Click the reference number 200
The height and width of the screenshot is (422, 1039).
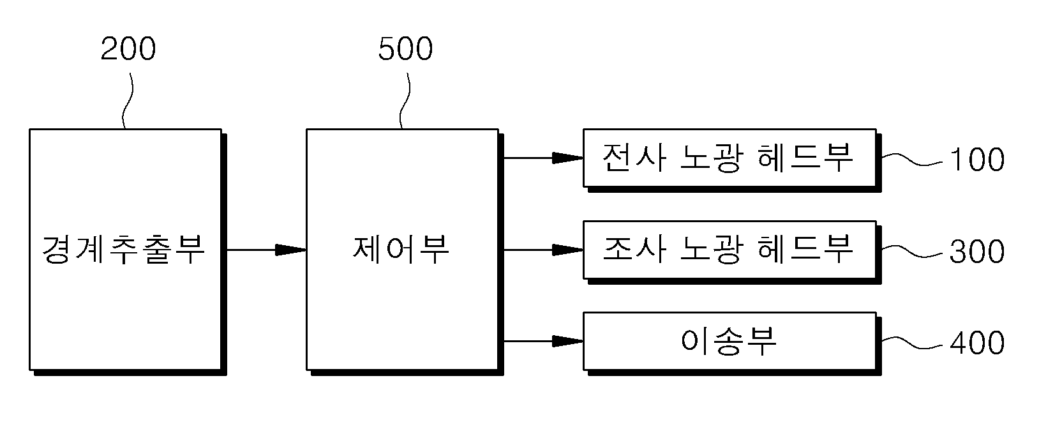(x=128, y=49)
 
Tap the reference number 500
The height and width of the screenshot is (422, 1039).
(x=405, y=49)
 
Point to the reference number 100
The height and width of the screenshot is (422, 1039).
(x=977, y=160)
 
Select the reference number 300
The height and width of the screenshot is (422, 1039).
(x=977, y=252)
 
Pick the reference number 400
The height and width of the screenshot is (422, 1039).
(x=977, y=343)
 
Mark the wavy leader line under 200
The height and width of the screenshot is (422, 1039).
(x=128, y=100)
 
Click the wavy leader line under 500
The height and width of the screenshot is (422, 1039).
(x=405, y=100)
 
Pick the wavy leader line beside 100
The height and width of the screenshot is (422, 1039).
(x=912, y=160)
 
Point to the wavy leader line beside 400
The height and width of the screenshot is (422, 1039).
(x=912, y=343)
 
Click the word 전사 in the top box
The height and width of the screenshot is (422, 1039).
(x=634, y=158)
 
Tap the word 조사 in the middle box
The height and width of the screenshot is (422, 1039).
(x=634, y=249)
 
